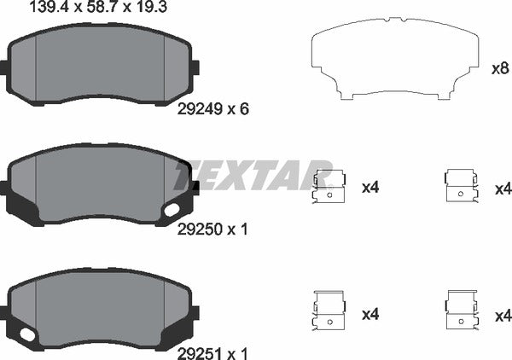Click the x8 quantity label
[500, 67]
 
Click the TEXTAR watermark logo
[253, 174]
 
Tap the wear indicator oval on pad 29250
[172, 209]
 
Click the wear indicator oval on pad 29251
[29, 335]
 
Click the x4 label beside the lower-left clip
[369, 315]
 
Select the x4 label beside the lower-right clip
[502, 315]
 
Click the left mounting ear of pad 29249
[7, 67]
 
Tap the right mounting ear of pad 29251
[195, 311]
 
